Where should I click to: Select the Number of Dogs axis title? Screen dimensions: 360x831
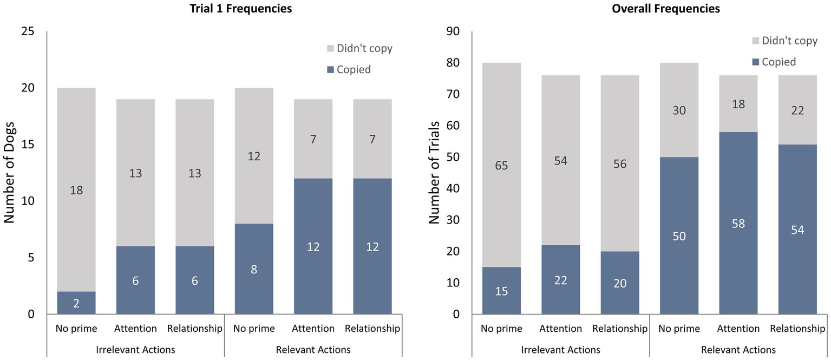[9, 173]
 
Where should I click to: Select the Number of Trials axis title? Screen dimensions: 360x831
[434, 173]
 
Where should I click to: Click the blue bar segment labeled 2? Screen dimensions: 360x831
[76, 303]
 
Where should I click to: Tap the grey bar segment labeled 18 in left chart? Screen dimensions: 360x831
[76, 189]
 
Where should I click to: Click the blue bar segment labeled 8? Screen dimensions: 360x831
[254, 269]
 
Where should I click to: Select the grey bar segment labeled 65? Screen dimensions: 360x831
[501, 165]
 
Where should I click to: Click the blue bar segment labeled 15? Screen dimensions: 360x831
[501, 291]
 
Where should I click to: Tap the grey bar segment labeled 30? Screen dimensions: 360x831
[679, 110]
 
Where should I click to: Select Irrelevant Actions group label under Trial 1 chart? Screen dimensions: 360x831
[135, 350]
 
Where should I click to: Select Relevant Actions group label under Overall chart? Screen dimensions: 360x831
[738, 350]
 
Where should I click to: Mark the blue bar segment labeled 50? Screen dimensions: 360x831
[679, 235]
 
